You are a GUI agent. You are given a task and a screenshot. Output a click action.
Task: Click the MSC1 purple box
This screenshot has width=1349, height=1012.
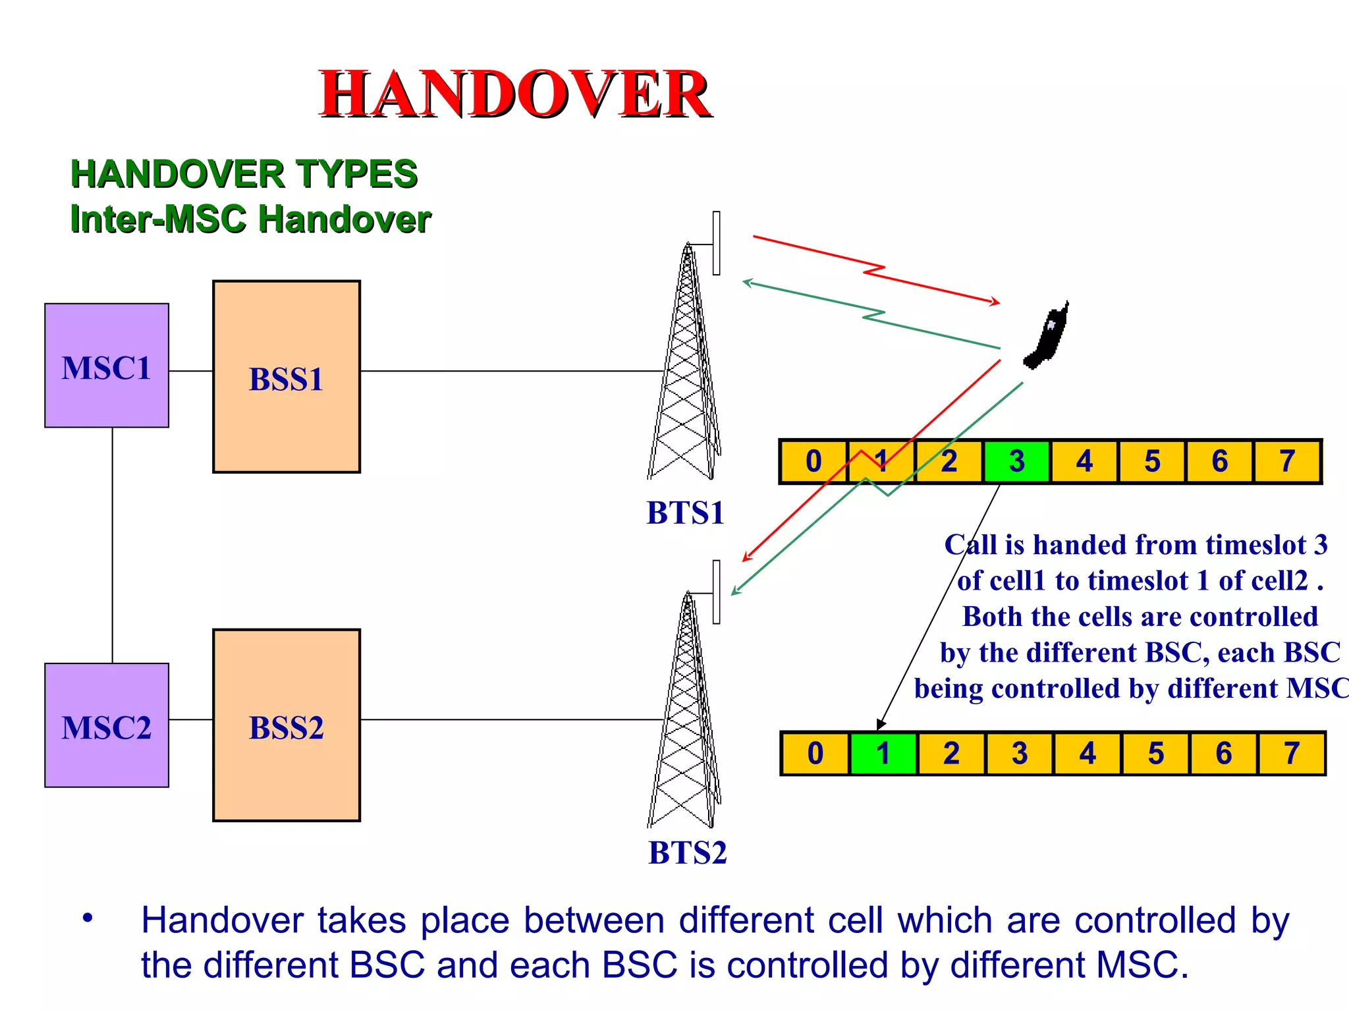click(106, 366)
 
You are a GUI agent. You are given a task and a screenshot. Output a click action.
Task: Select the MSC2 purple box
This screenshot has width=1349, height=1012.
click(106, 725)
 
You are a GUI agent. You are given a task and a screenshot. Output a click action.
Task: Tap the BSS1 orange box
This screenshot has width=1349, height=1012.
click(286, 377)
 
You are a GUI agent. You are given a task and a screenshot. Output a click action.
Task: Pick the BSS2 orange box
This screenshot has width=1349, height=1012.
click(286, 725)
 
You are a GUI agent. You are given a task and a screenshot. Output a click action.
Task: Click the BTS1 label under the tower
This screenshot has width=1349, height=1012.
click(685, 513)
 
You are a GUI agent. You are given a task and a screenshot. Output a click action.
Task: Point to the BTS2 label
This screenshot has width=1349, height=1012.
click(687, 853)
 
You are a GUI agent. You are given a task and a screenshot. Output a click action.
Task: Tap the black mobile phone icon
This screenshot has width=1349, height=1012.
click(1047, 337)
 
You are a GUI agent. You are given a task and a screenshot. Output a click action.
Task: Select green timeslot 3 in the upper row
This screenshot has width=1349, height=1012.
click(1016, 461)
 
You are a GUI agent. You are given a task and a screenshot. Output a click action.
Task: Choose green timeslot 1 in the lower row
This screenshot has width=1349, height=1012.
click(883, 753)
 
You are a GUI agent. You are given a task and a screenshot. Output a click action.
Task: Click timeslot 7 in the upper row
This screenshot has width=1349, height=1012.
click(1287, 461)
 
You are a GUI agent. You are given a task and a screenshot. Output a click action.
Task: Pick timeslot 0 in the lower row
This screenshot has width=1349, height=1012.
click(815, 753)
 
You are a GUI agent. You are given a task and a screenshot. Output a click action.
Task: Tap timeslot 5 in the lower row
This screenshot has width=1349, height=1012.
click(1155, 753)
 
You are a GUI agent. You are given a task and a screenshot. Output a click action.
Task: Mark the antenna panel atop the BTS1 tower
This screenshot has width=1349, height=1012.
click(716, 243)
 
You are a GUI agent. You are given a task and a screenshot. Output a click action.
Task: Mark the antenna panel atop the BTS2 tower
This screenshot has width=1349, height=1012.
click(716, 592)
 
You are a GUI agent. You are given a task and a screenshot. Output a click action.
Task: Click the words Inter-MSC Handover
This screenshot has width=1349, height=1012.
click(250, 219)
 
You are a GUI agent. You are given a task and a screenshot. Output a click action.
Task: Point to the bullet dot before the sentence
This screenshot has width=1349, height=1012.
click(88, 918)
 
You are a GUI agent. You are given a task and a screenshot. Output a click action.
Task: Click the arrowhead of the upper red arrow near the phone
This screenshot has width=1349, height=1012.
click(996, 302)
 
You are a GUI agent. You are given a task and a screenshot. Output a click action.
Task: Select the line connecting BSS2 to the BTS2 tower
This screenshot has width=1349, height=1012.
click(510, 719)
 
